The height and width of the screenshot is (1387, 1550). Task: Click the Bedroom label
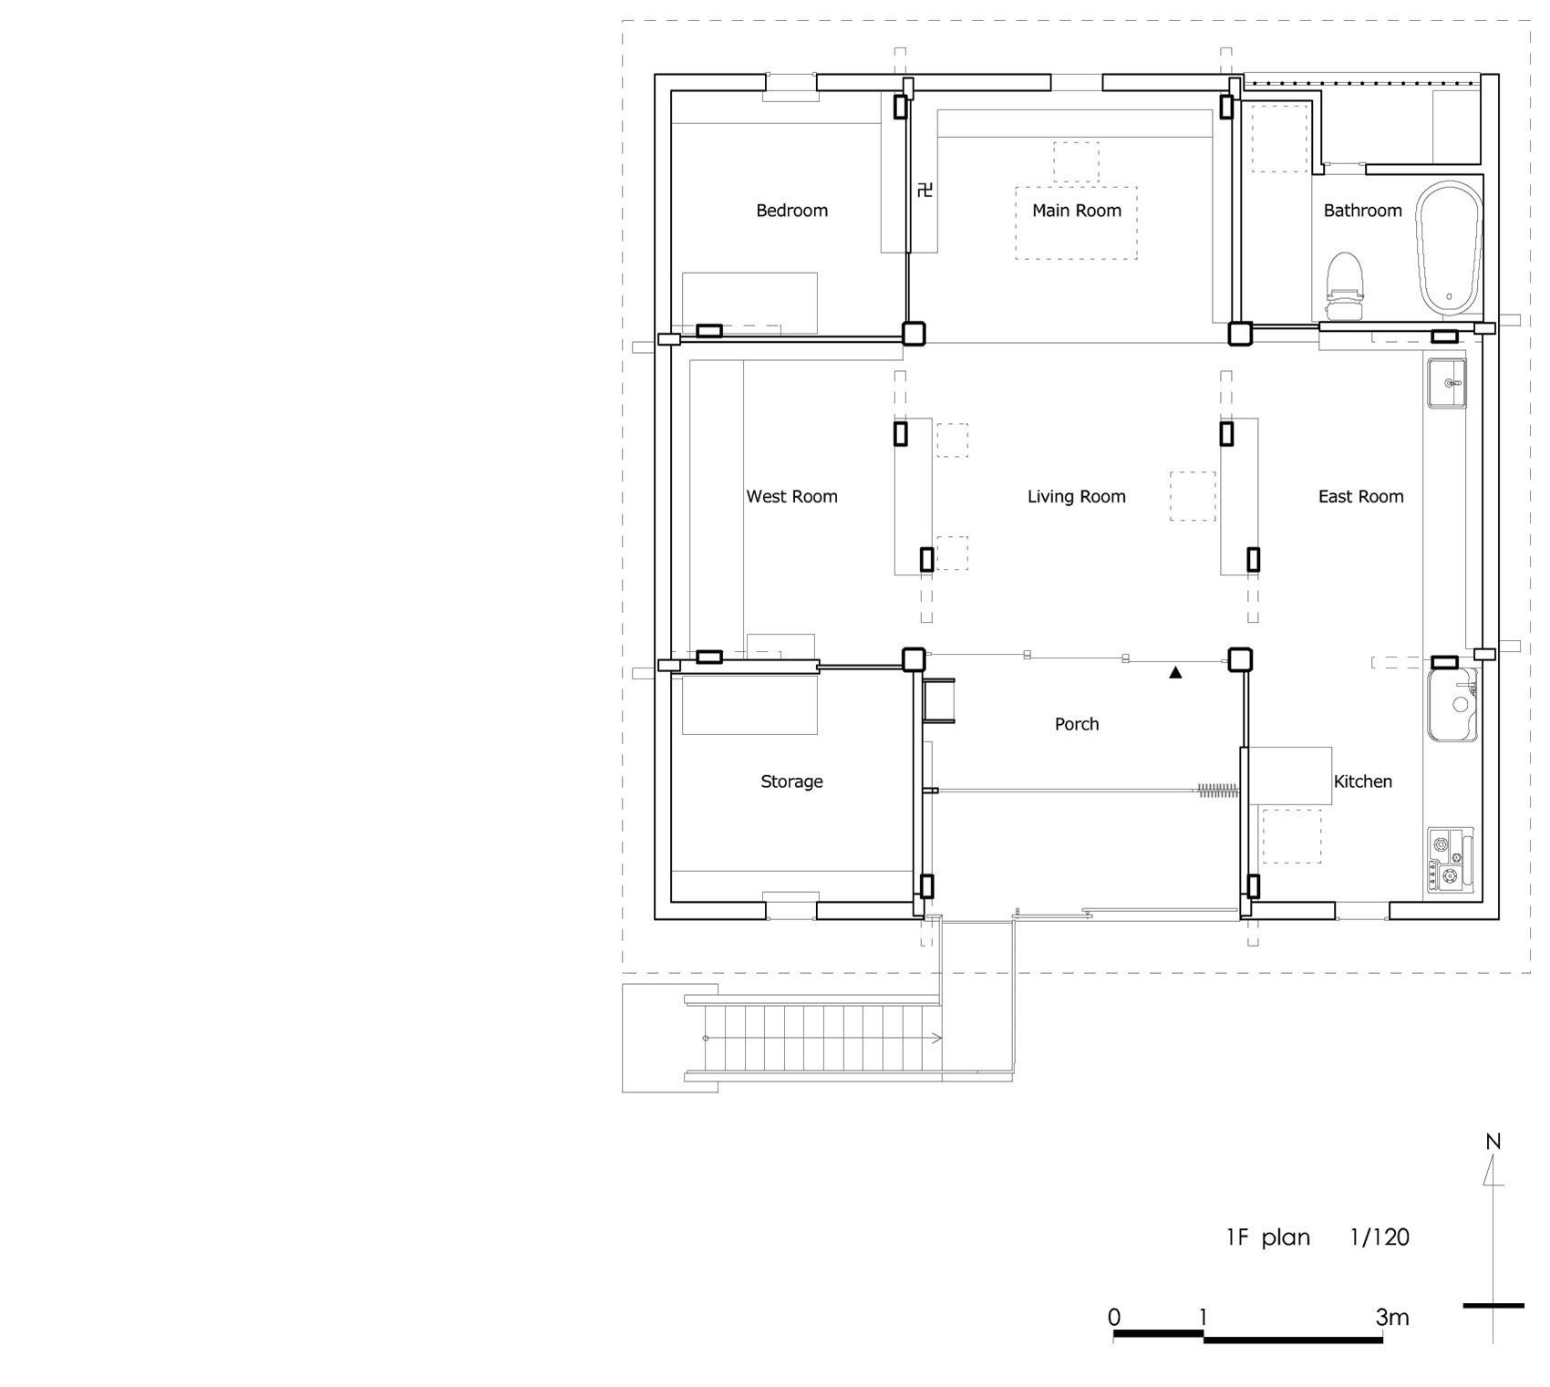791,211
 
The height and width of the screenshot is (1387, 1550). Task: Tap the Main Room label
1076,211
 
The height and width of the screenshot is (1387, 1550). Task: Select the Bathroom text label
1362,211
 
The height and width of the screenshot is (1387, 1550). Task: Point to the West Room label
791,497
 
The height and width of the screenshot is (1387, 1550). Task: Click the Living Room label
1076,497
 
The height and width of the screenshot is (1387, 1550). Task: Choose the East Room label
1360,497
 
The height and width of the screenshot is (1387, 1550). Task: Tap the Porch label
1076,724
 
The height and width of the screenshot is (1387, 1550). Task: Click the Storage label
791,781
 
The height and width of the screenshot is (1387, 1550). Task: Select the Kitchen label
1362,781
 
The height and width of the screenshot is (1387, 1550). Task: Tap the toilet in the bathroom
1344,286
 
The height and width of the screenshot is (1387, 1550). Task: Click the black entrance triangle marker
1175,673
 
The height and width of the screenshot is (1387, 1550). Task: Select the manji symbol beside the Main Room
925,191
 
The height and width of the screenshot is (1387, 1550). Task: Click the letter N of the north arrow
1493,1142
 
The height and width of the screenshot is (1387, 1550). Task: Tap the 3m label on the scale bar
1392,1318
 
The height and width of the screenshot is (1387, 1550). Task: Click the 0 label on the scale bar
1114,1318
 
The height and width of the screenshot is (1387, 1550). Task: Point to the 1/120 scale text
1379,1237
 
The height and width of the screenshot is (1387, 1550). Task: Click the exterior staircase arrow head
938,1039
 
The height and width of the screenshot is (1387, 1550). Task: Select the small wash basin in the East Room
1446,383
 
